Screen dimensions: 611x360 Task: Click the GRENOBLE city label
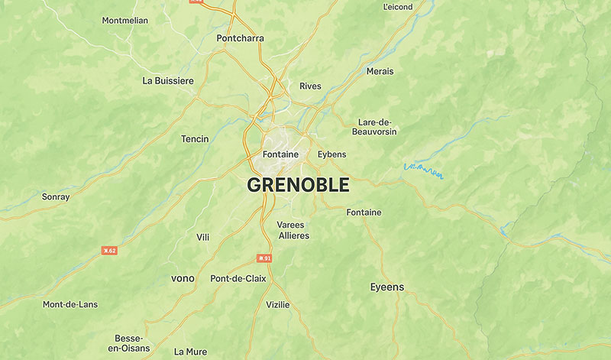[298, 185]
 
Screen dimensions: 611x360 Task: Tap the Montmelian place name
[125, 21]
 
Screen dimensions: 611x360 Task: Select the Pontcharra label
[241, 37]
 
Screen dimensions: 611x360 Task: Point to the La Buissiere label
[168, 80]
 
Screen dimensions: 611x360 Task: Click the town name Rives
[310, 86]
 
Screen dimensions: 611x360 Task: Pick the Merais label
[380, 71]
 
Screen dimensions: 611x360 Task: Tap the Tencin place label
[195, 139]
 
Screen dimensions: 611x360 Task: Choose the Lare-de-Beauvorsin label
[374, 127]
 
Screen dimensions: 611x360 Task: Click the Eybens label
[331, 154]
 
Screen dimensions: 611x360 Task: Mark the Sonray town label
[56, 196]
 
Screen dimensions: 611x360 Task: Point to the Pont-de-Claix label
[238, 278]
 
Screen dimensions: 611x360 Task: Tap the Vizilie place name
[277, 304]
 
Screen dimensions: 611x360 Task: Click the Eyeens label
[387, 287]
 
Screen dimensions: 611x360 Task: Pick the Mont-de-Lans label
[70, 304]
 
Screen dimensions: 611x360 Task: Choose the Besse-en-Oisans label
[129, 343]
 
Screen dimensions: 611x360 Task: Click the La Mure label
[190, 352]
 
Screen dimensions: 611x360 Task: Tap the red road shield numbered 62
[110, 250]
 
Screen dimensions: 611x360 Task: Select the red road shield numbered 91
[264, 258]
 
